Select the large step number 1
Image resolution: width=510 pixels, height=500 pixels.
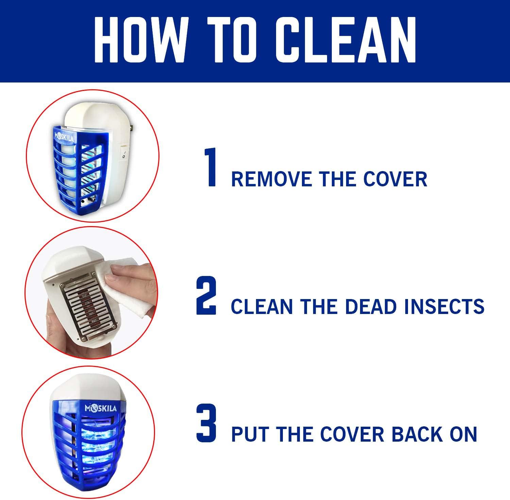[210, 167]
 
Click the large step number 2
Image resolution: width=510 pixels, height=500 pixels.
[206, 296]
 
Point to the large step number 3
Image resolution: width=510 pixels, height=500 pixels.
[206, 423]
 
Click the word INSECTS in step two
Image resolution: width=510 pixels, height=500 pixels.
[444, 307]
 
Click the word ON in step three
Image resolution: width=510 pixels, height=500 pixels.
[465, 434]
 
